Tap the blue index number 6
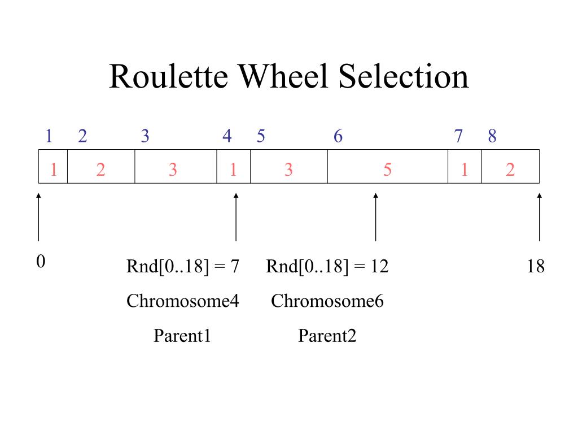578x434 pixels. pyautogui.click(x=338, y=136)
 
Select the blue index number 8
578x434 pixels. pyautogui.click(x=492, y=136)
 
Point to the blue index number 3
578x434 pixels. pyautogui.click(x=145, y=136)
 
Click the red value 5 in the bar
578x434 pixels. pyautogui.click(x=387, y=170)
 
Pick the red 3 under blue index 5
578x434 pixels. pyautogui.click(x=288, y=170)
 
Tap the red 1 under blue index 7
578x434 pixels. pyautogui.click(x=464, y=170)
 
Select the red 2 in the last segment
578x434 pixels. pyautogui.click(x=510, y=170)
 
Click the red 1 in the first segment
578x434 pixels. pyautogui.click(x=54, y=170)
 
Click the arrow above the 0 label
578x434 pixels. pyautogui.click(x=38, y=217)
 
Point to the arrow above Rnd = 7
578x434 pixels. pyautogui.click(x=236, y=217)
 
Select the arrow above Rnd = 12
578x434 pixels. pyautogui.click(x=375, y=217)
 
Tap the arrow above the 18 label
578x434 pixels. pyautogui.click(x=539, y=217)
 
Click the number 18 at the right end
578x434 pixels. pyautogui.click(x=536, y=266)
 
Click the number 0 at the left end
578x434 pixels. pyautogui.click(x=40, y=262)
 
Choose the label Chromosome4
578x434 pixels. pyautogui.click(x=183, y=301)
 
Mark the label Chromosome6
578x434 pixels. pyautogui.click(x=327, y=301)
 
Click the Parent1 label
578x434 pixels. pyautogui.click(x=182, y=337)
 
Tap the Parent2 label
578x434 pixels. pyautogui.click(x=327, y=337)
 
